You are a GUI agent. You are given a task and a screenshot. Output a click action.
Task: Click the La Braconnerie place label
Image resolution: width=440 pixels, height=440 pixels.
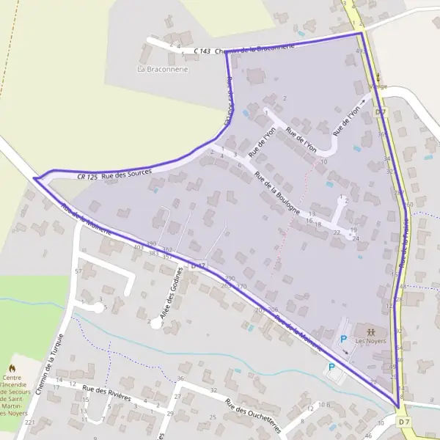click(163, 69)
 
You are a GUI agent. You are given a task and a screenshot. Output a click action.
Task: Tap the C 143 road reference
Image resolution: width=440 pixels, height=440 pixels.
click(202, 51)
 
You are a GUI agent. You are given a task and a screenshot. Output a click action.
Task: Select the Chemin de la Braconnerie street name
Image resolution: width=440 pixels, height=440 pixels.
click(259, 47)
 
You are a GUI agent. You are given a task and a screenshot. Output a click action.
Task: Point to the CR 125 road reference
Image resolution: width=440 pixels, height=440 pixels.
click(87, 177)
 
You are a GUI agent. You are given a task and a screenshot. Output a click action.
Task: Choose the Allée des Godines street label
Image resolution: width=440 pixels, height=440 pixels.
click(169, 300)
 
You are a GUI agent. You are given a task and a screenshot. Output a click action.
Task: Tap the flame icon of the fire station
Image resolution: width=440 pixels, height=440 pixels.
click(12, 367)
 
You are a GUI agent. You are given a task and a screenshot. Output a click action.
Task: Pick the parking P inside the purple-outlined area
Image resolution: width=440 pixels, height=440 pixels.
click(343, 339)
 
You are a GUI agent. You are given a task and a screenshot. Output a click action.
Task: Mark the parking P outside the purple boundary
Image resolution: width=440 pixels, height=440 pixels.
click(331, 367)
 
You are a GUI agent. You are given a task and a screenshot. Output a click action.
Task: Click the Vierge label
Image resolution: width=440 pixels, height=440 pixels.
click(378, 86)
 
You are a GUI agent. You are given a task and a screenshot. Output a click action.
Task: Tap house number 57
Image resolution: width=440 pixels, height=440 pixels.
click(78, 271)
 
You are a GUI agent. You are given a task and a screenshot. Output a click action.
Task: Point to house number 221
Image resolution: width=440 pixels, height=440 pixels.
click(29, 423)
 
